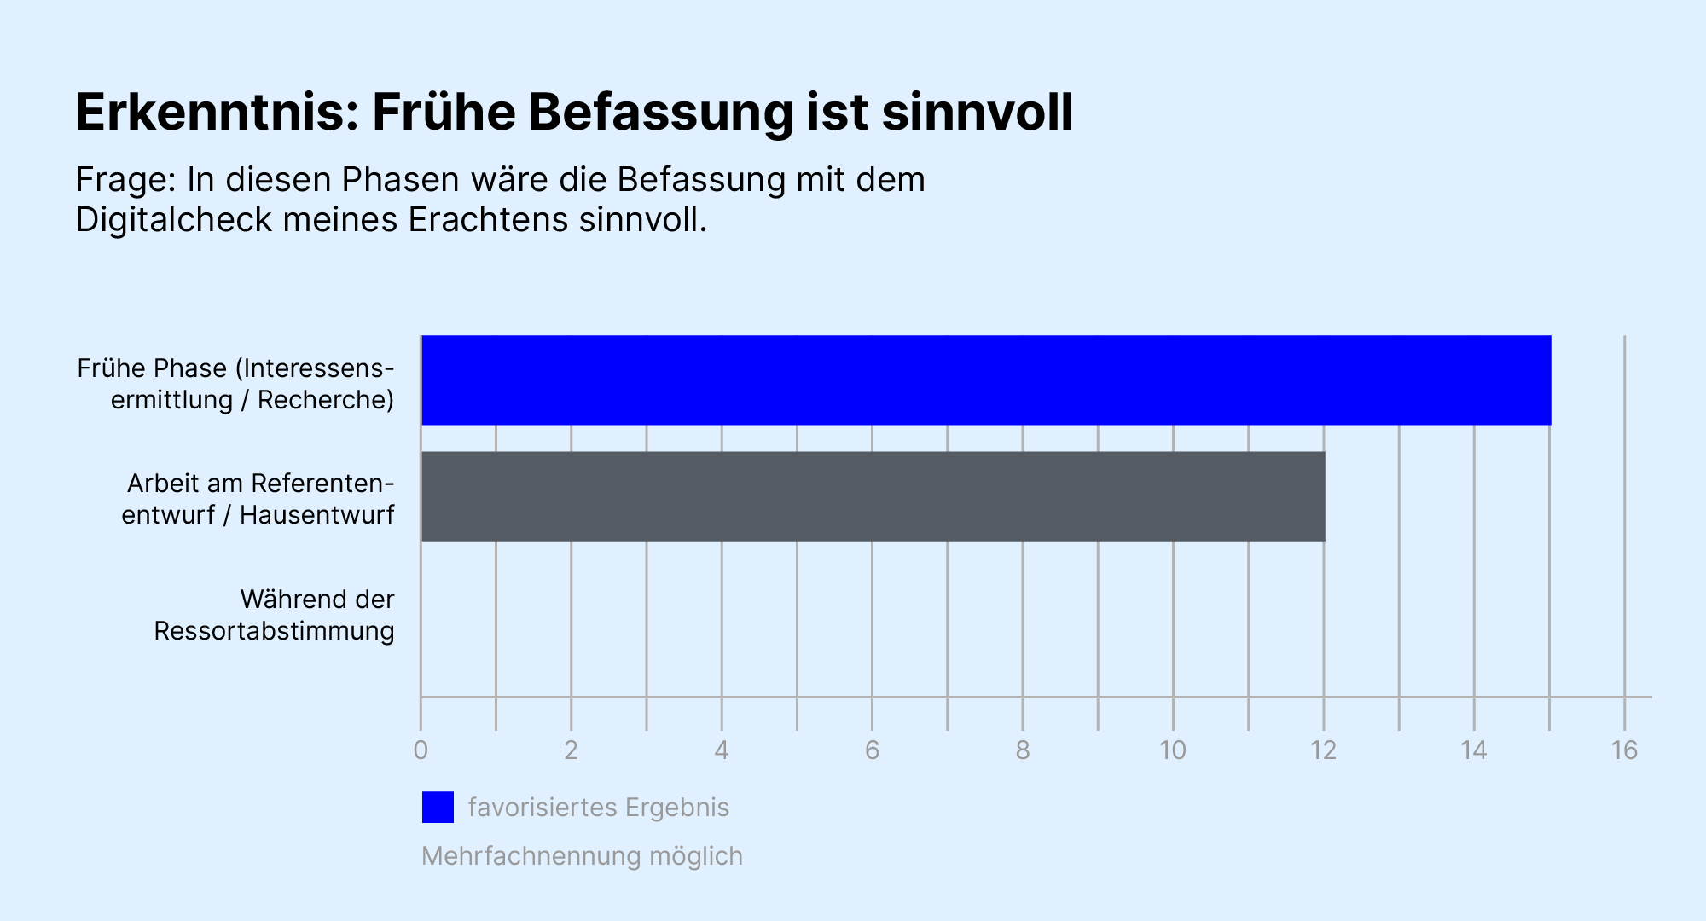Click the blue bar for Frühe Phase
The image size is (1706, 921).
(985, 380)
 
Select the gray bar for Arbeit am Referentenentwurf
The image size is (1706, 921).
(873, 496)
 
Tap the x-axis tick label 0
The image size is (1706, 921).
(421, 750)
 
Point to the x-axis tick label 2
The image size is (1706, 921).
(571, 750)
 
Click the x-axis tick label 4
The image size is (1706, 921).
(722, 750)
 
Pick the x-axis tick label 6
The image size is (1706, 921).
(872, 750)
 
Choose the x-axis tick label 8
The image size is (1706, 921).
(1023, 750)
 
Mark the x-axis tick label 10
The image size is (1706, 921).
(1173, 750)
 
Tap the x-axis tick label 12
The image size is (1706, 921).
(1323, 750)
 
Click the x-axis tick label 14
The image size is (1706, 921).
(1474, 750)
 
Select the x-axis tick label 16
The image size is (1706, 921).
(1624, 750)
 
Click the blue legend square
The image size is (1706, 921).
(438, 807)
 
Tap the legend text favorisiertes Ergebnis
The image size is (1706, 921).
(598, 808)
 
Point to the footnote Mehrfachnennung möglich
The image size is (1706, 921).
(582, 856)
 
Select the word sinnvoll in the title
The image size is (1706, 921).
(977, 113)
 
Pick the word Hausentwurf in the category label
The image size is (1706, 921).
(316, 515)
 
